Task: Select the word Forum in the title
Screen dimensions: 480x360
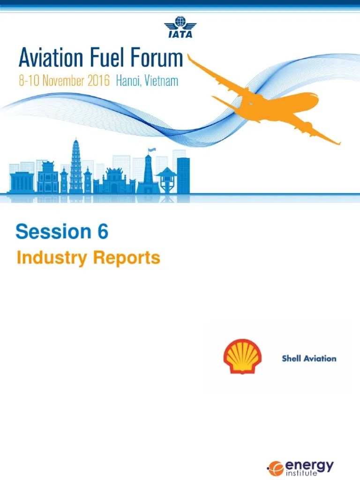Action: (156, 60)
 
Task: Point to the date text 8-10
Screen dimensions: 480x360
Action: (29, 81)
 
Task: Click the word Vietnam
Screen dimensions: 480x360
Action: (161, 81)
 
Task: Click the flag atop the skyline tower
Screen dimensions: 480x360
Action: (151, 151)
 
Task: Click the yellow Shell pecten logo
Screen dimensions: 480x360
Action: (242, 357)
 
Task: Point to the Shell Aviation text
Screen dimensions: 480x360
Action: (309, 359)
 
